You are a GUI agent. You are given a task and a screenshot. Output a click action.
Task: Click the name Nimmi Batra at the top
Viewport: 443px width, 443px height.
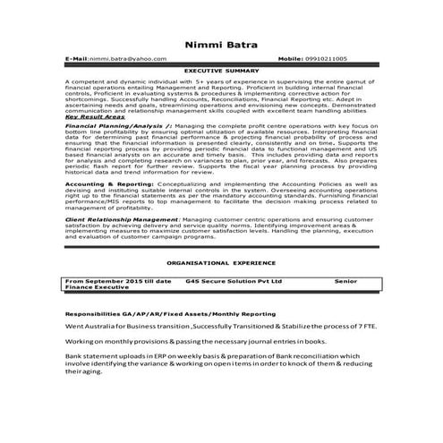coord(221,43)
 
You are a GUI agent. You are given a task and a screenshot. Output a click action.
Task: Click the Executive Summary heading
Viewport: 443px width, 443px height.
coord(222,68)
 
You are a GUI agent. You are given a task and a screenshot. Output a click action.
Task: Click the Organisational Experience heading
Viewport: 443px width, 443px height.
coord(221,266)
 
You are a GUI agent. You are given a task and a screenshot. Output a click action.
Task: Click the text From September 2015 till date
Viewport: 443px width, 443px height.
coord(119,280)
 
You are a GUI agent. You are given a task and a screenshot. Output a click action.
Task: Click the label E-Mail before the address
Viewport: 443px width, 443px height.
coord(78,57)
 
